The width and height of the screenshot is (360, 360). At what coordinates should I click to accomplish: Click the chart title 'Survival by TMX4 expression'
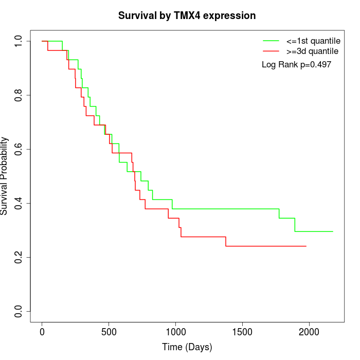pos(187,16)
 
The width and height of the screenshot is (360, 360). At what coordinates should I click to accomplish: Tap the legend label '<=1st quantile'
pos(313,40)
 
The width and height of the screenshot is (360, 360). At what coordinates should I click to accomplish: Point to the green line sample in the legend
pos(271,40)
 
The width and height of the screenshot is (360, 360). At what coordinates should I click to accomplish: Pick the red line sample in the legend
pos(271,51)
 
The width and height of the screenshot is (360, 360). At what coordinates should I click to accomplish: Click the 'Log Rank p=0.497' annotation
pos(296,65)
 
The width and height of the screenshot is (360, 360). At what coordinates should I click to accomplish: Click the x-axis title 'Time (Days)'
pos(187,347)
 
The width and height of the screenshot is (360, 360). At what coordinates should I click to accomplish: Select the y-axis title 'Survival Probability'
pos(5,176)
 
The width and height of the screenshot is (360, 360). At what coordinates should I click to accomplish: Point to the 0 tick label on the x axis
pos(42,332)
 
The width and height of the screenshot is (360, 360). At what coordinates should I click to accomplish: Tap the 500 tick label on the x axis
pos(109,332)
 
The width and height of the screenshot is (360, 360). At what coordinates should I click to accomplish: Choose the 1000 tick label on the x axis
pos(175,332)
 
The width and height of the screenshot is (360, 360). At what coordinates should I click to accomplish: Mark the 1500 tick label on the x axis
pos(242,332)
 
